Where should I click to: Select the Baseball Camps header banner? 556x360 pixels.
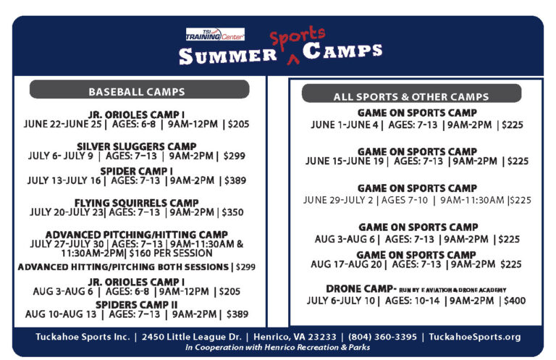pyautogui.click(x=137, y=92)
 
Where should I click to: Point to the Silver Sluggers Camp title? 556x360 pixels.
pyautogui.click(x=137, y=146)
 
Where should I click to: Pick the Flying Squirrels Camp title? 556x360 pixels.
pyautogui.click(x=137, y=203)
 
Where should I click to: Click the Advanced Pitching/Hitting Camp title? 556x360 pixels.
pyautogui.click(x=137, y=235)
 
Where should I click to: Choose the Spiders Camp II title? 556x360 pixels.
pyautogui.click(x=137, y=304)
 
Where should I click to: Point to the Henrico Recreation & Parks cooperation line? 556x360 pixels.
pyautogui.click(x=277, y=347)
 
